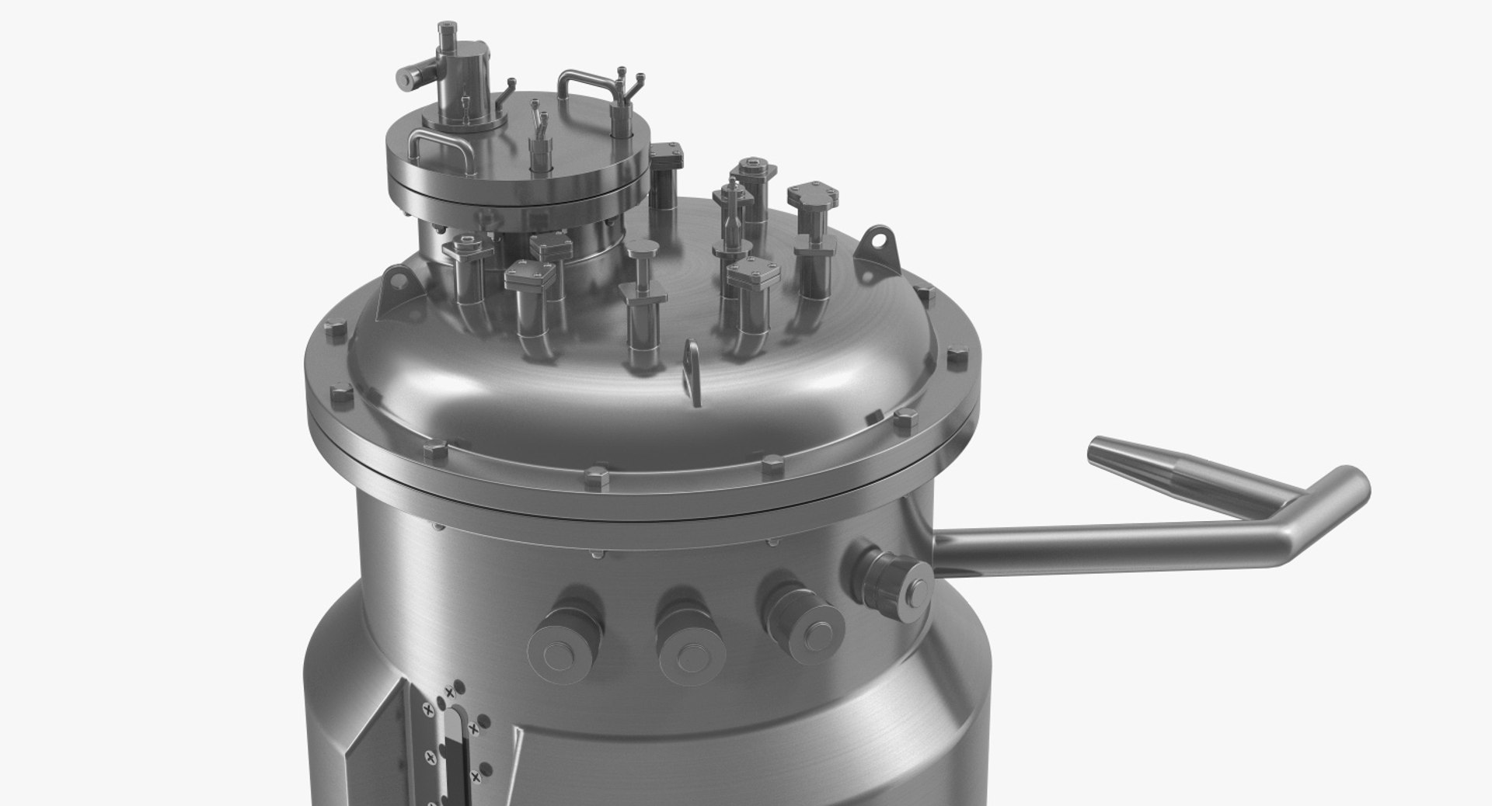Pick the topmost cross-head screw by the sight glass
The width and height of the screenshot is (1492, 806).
tap(448, 692)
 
